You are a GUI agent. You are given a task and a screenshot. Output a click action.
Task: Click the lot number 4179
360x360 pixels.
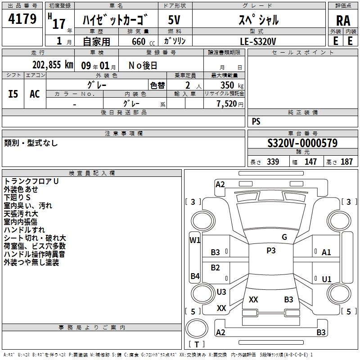point(22,20)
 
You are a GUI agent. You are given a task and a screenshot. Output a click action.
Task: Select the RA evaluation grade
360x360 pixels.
point(343,21)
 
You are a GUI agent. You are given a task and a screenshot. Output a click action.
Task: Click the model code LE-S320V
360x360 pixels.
point(258,41)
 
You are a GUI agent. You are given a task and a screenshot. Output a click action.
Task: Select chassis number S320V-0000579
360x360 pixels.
point(302,143)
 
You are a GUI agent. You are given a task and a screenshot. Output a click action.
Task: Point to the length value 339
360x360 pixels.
point(273,162)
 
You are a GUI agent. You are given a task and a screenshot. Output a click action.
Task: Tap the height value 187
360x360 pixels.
point(346,162)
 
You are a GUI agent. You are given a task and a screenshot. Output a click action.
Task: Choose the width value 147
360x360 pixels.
point(310,162)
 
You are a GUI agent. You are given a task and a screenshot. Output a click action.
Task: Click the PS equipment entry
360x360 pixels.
point(256,121)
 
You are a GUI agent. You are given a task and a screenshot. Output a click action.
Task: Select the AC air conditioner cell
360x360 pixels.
point(35,94)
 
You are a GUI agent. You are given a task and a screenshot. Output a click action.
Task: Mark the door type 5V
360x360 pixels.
point(175,20)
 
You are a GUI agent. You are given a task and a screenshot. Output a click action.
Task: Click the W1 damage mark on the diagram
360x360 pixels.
point(194,240)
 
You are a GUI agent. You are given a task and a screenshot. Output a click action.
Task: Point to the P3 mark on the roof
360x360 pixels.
point(271,251)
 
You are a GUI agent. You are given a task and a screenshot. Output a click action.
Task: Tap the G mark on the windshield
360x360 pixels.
point(284,237)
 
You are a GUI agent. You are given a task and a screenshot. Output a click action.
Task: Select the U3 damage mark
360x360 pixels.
point(221,292)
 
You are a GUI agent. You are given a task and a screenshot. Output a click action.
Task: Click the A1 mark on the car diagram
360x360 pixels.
point(326,252)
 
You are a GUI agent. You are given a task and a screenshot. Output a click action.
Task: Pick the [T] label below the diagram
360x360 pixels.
point(197,344)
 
